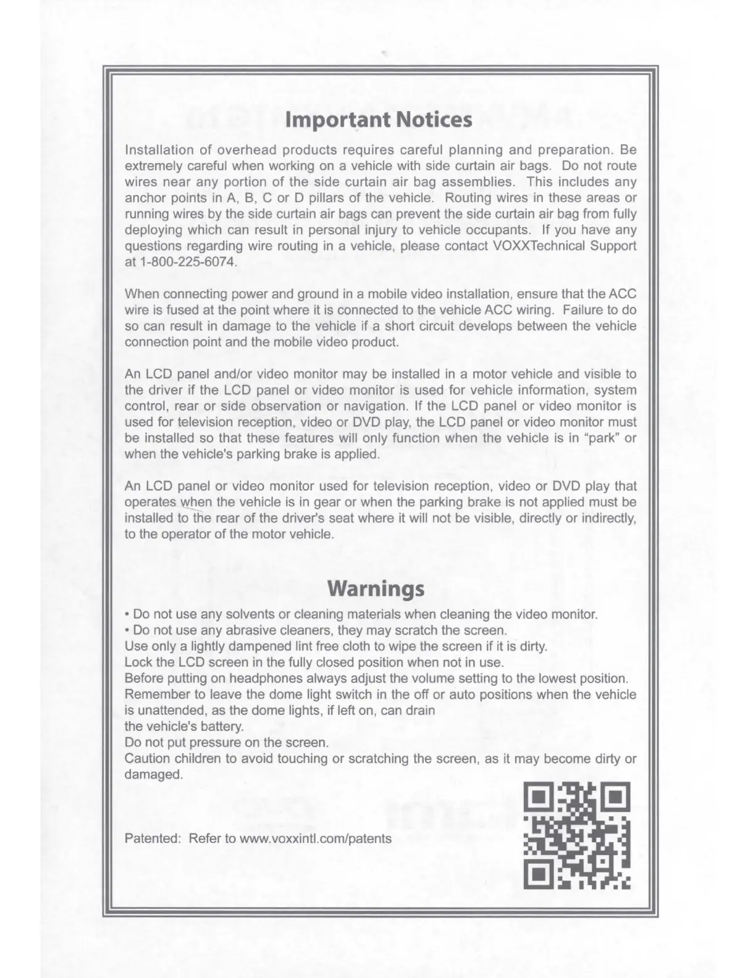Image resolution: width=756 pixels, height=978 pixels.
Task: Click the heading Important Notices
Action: pos(378,119)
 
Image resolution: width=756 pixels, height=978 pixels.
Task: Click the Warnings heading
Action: pos(376,588)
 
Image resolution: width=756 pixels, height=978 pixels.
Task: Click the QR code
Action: pos(577,837)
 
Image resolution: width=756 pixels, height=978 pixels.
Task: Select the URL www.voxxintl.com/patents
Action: pos(315,838)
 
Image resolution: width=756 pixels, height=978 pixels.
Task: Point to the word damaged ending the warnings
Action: pos(153,774)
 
